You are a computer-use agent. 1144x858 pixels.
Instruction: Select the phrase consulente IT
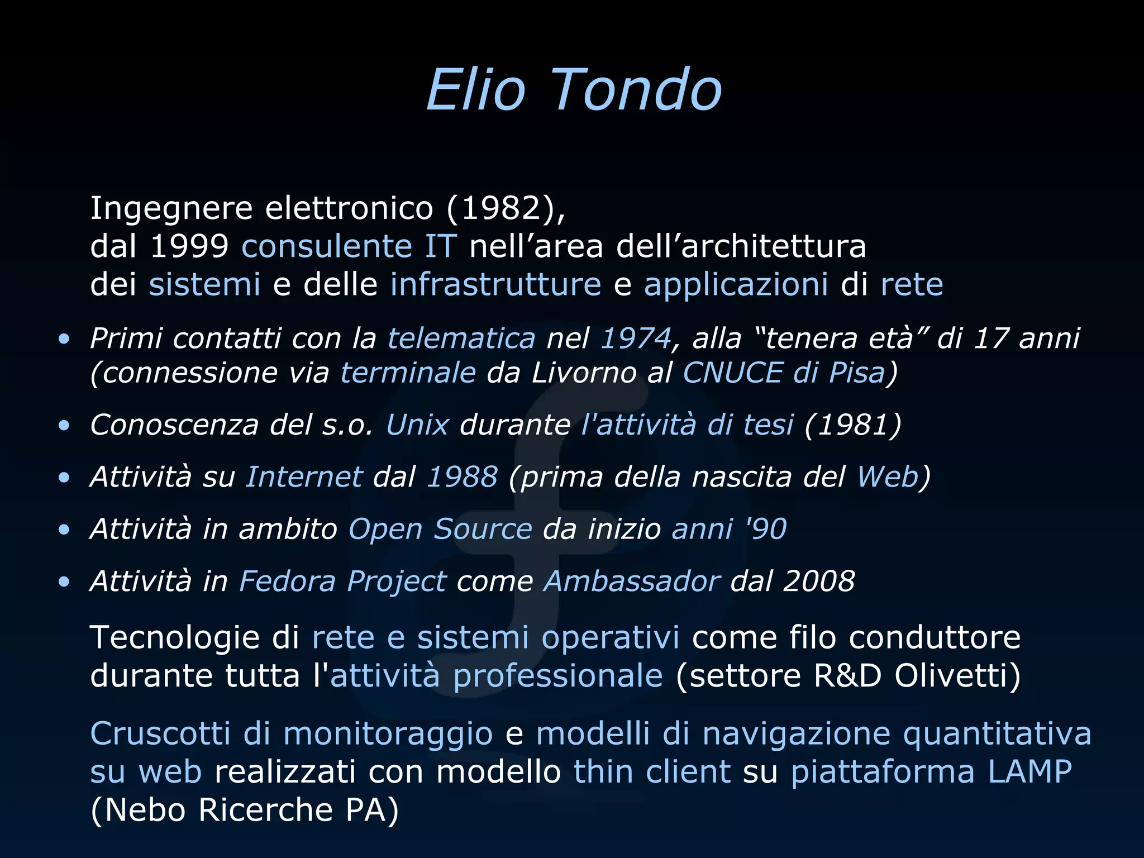[349, 246]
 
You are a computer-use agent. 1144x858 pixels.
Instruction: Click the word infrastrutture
[495, 284]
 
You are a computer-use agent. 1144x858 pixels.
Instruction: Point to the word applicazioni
[736, 284]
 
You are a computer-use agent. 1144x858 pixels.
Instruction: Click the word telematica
[461, 339]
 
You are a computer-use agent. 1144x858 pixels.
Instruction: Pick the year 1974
[636, 339]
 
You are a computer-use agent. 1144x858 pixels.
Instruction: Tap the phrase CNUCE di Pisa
[784, 373]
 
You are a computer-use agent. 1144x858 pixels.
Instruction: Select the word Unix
[417, 425]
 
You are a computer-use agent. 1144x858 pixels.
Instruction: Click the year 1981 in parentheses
[853, 425]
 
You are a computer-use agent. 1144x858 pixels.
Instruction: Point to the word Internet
[304, 477]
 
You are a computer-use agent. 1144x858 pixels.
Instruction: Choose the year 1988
[462, 477]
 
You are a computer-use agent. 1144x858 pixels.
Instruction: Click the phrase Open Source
[440, 529]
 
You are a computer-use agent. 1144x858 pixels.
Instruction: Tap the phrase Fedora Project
[342, 581]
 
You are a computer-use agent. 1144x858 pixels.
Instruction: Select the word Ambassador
[632, 581]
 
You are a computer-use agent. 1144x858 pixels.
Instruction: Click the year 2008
[819, 581]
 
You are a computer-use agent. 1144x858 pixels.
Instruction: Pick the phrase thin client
[652, 772]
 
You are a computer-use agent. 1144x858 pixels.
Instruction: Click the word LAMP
[1029, 772]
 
